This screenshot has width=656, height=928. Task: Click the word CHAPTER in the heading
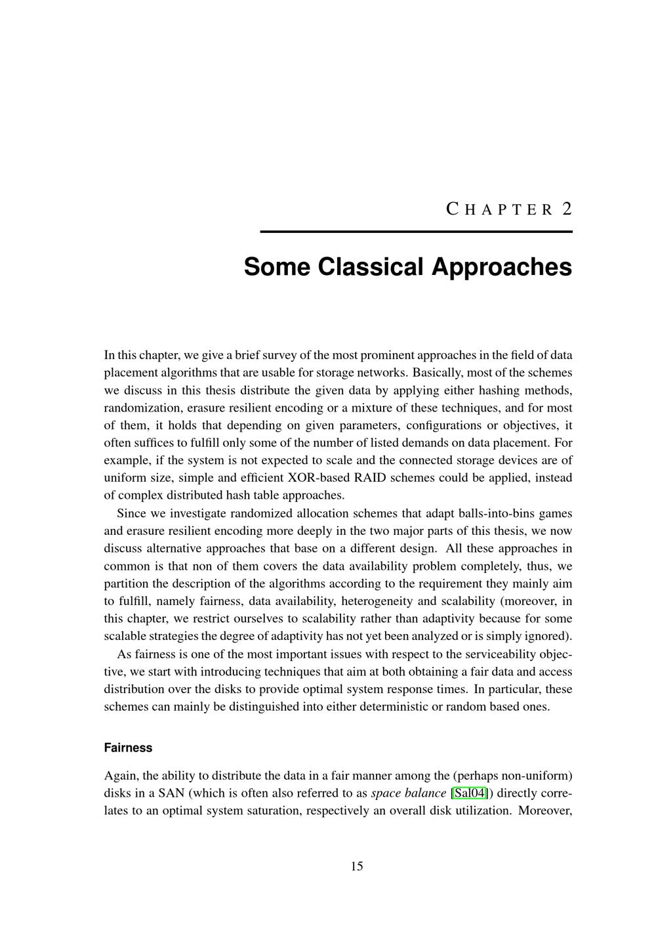[x=500, y=209]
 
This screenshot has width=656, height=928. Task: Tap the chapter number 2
[x=567, y=209]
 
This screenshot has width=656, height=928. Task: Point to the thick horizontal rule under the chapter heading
[x=416, y=232]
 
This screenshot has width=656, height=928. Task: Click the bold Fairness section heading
[x=128, y=748]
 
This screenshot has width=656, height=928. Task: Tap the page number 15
[x=356, y=866]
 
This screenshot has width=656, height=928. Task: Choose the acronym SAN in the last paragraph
[x=172, y=793]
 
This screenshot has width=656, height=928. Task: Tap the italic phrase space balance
[x=408, y=793]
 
